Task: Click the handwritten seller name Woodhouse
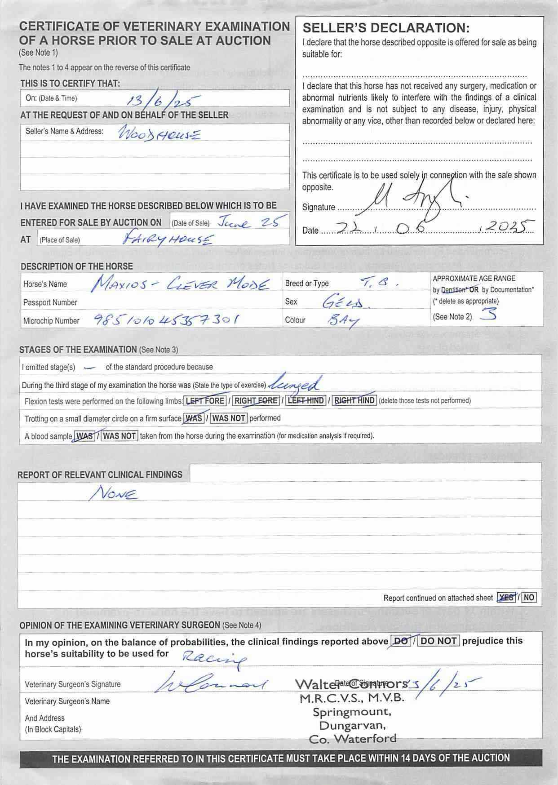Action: [158, 134]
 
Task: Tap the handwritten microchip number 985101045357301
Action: [166, 320]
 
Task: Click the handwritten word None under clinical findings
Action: [113, 494]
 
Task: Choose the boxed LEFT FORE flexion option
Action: [205, 400]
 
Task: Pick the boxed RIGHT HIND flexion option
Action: [354, 400]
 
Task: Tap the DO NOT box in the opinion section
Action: [438, 641]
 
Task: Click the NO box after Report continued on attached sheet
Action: [529, 598]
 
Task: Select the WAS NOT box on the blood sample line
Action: [120, 436]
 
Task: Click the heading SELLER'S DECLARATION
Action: [386, 28]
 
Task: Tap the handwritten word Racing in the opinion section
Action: [214, 658]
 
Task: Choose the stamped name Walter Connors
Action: [351, 684]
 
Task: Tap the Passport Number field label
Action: [50, 302]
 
